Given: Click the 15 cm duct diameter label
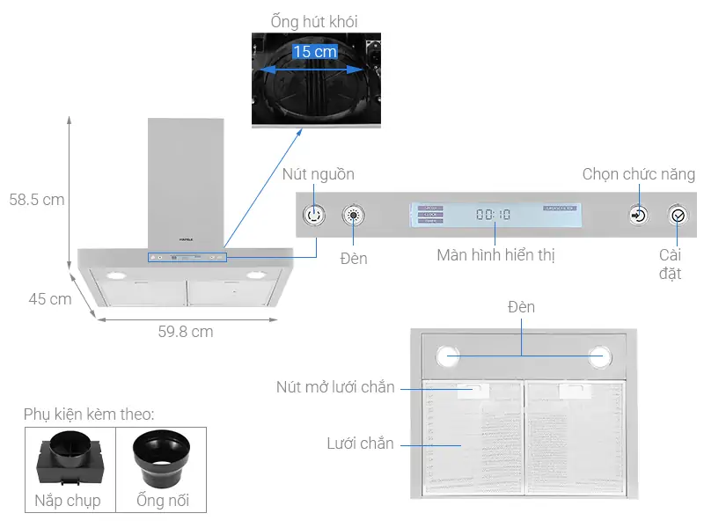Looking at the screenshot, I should click(x=315, y=52).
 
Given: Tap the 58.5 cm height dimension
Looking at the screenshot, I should click(x=37, y=200).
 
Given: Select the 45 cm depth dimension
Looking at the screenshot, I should click(x=49, y=299).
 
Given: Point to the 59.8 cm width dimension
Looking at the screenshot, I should click(x=186, y=332).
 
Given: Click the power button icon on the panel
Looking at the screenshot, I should click(x=315, y=215).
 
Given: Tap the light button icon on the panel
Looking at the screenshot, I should click(x=354, y=215).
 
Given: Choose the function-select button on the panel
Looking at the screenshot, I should click(x=639, y=215).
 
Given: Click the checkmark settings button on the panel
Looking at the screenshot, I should click(x=677, y=215).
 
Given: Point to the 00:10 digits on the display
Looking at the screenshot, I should click(x=493, y=214).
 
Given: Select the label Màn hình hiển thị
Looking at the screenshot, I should click(x=495, y=256).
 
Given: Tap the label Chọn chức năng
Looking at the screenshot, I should click(x=638, y=174).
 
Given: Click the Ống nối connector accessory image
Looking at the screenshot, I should click(x=163, y=458).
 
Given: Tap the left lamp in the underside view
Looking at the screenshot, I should click(x=447, y=356).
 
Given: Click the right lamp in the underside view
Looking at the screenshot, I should click(x=600, y=356).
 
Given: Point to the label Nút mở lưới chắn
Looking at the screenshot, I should click(x=335, y=387).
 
